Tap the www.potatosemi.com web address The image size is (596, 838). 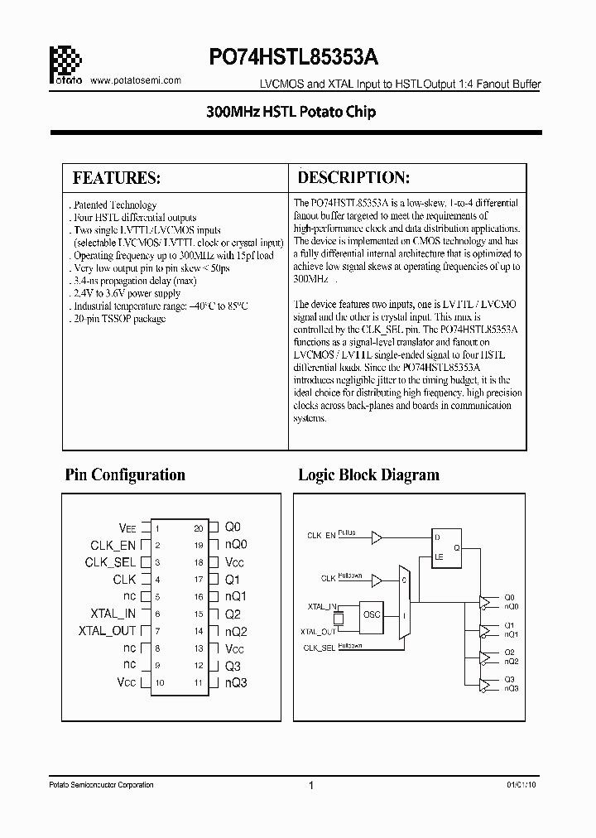tap(134, 80)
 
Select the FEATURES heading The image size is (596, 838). tap(117, 178)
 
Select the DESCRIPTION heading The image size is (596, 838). tap(353, 178)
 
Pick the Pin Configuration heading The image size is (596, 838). tap(125, 475)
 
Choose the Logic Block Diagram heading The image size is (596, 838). tap(368, 475)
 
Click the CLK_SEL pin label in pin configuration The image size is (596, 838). tap(110, 562)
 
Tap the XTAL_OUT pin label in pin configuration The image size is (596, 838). tap(107, 631)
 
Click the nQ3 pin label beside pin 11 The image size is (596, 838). tap(236, 683)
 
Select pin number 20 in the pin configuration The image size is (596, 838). tap(199, 527)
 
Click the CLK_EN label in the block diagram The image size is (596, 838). tap(321, 536)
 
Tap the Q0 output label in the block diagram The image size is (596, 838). tap(509, 596)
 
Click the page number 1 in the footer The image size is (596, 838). tap(310, 786)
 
